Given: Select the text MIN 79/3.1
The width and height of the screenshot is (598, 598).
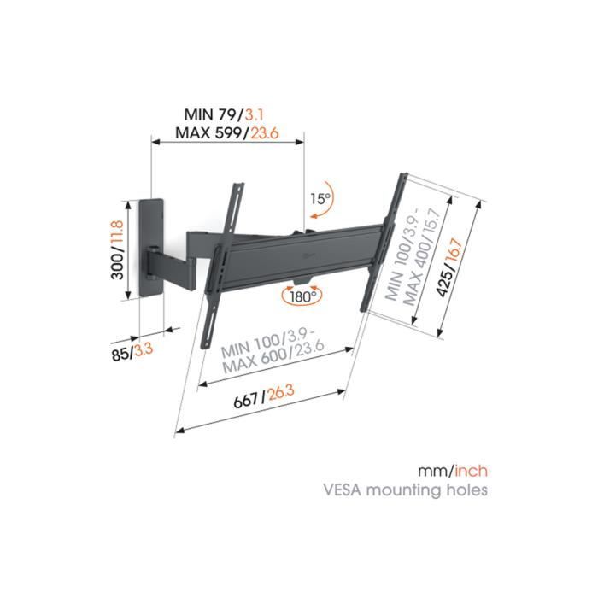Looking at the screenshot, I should click(x=217, y=114).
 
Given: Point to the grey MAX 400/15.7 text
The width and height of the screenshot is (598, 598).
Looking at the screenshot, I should click(x=413, y=264).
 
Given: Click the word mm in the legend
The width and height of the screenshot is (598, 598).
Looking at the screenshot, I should click(x=432, y=472).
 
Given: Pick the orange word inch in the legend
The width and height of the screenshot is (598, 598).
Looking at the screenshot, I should click(x=472, y=472).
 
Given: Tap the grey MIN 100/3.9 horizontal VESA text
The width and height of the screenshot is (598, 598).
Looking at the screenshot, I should click(x=256, y=351).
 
